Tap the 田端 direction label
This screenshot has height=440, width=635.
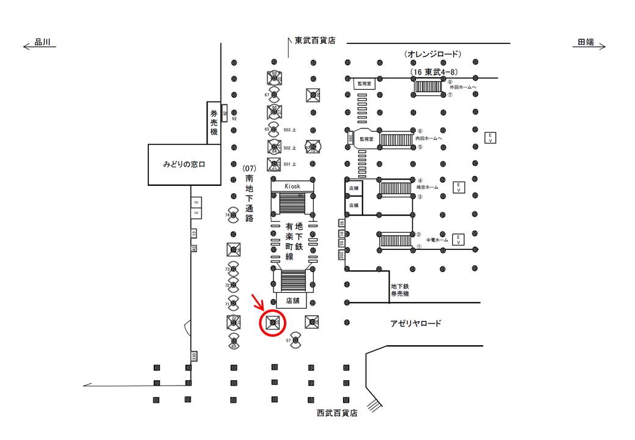pos(586,42)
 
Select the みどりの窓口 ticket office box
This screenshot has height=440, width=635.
pos(184,165)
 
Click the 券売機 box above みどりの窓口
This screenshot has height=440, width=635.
pos(214,122)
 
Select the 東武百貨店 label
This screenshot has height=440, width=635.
pos(315,41)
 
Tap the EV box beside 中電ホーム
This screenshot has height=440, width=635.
pos(459,239)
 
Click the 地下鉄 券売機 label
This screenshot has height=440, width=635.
pos(400,290)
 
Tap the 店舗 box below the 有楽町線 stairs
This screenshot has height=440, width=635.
pos(292,301)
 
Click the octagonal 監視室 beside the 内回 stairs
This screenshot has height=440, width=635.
pos(366,139)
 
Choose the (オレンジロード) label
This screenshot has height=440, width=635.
pos(433,54)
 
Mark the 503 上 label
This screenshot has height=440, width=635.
pos(290,130)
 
